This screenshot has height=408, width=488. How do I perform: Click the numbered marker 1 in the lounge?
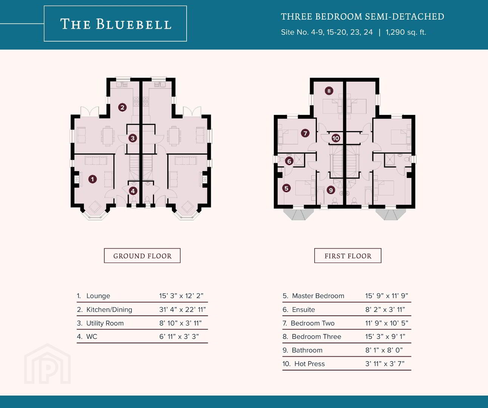pos(93,179)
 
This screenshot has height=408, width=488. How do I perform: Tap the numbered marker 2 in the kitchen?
pos(122,108)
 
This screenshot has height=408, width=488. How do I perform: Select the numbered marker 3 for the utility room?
pos(133,138)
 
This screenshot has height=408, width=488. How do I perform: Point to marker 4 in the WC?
pos(133,191)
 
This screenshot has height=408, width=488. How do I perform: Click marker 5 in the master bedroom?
pos(286,188)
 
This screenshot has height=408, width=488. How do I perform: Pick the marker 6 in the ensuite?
pos(289,161)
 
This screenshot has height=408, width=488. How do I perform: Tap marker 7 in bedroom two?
pos(305,133)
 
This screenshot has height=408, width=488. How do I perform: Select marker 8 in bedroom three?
pos(329,91)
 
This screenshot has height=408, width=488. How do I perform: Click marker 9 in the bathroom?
pos(331,190)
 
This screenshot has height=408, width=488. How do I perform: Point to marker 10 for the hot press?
pos(336,138)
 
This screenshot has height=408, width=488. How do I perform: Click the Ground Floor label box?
pos(142,255)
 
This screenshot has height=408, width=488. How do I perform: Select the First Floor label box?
pos(348,255)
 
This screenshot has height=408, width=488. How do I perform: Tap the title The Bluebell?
pos(116,24)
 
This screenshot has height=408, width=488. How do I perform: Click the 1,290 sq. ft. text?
pos(406,32)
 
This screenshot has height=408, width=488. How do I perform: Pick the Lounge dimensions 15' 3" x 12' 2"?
pos(181,296)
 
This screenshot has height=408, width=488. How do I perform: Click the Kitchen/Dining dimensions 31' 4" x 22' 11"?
pos(182,309)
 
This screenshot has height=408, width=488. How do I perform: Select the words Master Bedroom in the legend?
pos(318,296)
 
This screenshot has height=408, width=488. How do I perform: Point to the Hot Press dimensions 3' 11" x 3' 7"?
pos(385,363)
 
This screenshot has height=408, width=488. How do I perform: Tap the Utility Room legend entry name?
pos(105,323)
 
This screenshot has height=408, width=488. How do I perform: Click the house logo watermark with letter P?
pos(48,364)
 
